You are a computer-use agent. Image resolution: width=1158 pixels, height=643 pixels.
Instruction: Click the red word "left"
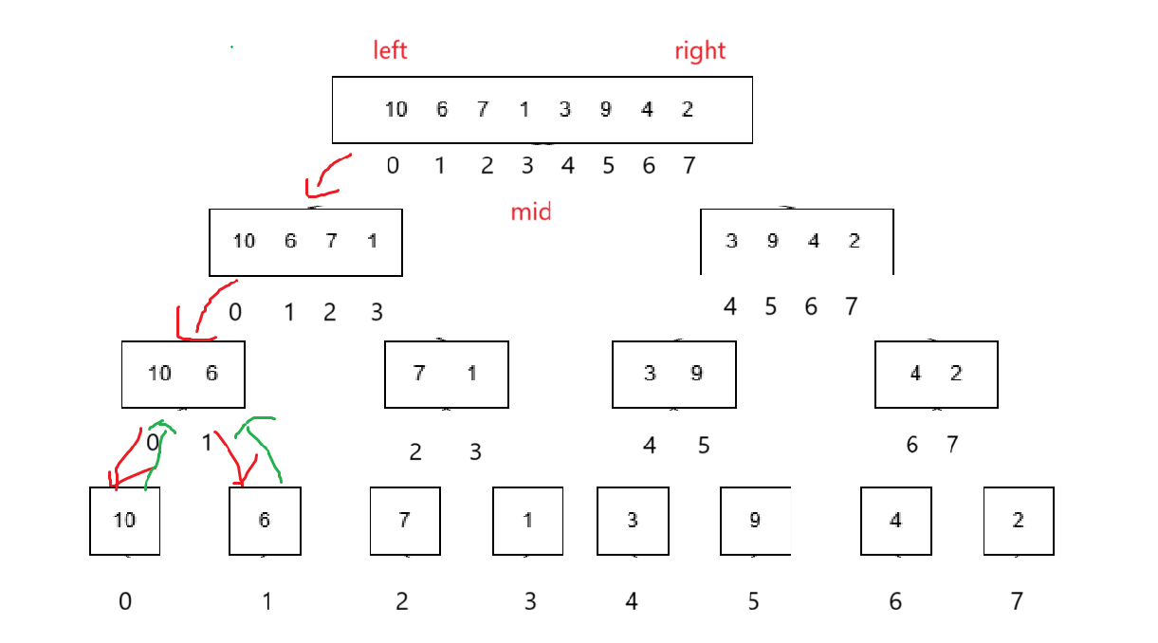tap(391, 50)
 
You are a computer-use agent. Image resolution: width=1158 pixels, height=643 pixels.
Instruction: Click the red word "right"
tap(700, 50)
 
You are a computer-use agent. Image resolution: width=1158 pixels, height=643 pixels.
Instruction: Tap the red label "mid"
tap(531, 211)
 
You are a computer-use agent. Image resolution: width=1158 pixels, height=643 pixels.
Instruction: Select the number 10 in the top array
tap(395, 109)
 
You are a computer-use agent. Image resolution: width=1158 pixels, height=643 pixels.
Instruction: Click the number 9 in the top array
tap(606, 109)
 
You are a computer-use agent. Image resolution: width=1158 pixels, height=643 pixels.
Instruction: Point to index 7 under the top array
tap(689, 166)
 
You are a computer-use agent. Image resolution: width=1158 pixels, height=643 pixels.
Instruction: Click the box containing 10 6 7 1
tap(305, 242)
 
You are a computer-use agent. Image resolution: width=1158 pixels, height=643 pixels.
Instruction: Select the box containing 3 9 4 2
tap(797, 242)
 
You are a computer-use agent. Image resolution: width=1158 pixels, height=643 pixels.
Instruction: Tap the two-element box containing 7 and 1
tap(446, 374)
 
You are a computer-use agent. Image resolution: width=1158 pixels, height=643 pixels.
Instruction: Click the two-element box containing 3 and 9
tap(673, 374)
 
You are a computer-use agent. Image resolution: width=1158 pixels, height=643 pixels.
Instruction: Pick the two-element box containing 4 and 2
tap(936, 374)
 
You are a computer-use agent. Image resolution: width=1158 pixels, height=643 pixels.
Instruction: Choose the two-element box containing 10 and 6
tap(183, 374)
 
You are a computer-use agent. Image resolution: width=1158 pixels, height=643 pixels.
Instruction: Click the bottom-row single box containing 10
tap(125, 521)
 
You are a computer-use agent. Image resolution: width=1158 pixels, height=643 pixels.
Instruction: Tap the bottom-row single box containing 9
tap(755, 521)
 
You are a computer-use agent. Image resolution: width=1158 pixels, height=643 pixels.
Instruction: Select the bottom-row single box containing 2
tap(1019, 521)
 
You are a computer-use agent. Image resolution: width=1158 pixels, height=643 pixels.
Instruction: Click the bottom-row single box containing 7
tap(405, 521)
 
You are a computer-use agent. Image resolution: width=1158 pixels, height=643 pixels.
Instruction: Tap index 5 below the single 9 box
tap(754, 601)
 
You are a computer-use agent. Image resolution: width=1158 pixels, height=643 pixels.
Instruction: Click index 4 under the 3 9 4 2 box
tap(730, 306)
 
